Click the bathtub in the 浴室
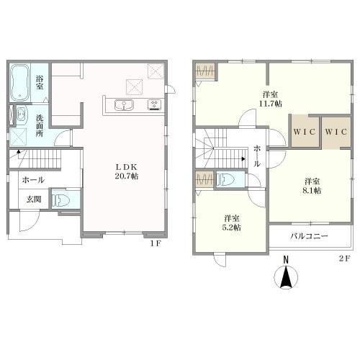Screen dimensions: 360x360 pos(20,83)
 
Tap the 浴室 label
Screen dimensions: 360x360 pos(40,83)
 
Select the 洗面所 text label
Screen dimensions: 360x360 pos(40,125)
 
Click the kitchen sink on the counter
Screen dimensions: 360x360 pos(124,105)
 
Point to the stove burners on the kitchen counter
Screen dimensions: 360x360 pos(154,104)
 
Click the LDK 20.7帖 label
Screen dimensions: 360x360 pos(127,171)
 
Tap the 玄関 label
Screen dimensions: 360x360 pos(34,199)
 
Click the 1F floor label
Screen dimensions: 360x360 pos(156,243)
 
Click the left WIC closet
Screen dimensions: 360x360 pos(305,132)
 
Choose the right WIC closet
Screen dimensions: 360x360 pos(336,132)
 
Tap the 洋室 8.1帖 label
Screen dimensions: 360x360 pos(312,186)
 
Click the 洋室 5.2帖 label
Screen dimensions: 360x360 pos(232,223)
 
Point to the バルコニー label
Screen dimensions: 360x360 pos(310,236)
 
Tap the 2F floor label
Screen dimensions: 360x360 pos(345,258)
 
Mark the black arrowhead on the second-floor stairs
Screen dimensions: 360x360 pos(243,158)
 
